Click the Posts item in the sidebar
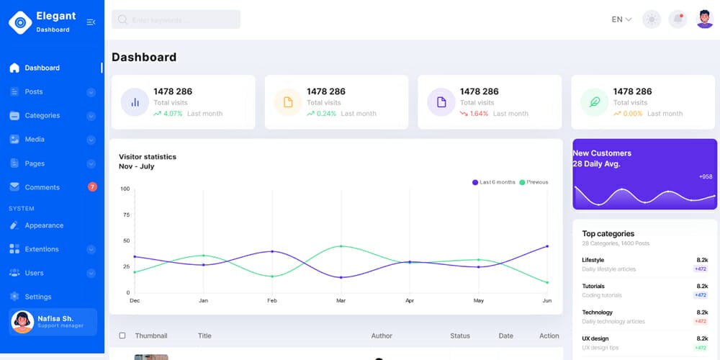(x=34, y=91)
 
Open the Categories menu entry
(x=42, y=115)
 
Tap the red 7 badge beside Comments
(x=92, y=187)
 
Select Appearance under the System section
(x=44, y=225)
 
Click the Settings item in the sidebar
(x=37, y=297)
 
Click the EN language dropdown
(x=621, y=19)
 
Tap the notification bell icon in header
(x=678, y=19)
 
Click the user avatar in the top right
(x=705, y=19)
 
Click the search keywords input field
(x=176, y=20)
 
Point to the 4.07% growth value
(x=173, y=114)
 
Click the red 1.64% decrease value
(x=479, y=114)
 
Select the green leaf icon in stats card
(x=595, y=102)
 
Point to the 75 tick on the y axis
(x=126, y=215)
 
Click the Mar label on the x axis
(x=341, y=300)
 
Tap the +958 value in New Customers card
(x=705, y=176)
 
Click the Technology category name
(x=597, y=312)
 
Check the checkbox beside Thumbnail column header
(x=122, y=336)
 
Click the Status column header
(x=459, y=336)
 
